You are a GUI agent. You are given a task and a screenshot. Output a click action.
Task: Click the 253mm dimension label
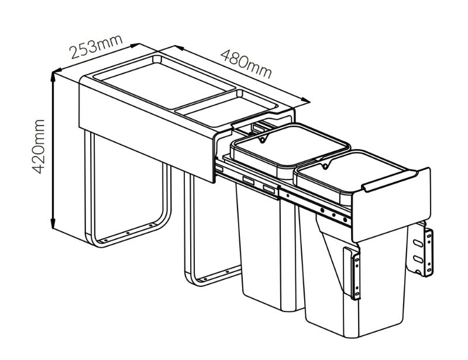(x=96, y=47)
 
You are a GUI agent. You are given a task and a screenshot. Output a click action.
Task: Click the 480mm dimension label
(x=246, y=64)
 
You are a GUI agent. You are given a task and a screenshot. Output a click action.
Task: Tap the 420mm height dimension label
(x=39, y=147)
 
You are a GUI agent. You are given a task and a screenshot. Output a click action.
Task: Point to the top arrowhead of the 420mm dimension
(x=53, y=77)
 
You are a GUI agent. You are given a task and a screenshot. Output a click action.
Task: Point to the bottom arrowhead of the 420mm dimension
(x=53, y=224)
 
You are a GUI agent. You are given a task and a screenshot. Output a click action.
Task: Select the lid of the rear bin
(x=290, y=146)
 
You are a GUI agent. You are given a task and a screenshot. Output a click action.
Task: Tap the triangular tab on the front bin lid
(x=326, y=165)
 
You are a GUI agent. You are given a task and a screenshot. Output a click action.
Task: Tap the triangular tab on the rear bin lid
(x=263, y=139)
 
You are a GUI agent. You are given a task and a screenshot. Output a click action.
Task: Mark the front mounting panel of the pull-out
(x=391, y=206)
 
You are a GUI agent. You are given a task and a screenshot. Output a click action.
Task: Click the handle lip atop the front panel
(x=390, y=181)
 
